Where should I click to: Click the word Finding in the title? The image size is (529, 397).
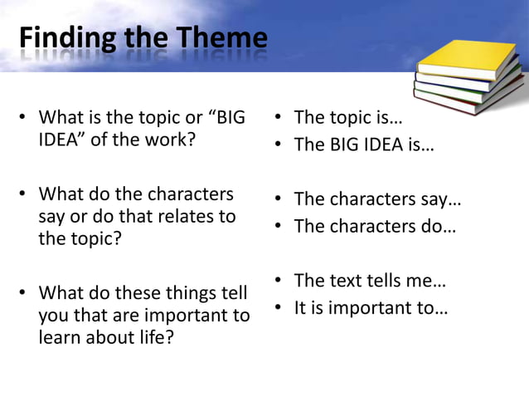(57, 39)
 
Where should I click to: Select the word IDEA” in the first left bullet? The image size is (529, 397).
(62, 140)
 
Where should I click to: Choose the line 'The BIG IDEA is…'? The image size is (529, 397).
(364, 145)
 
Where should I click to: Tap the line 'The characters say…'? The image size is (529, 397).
(377, 199)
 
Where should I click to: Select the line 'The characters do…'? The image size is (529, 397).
(375, 226)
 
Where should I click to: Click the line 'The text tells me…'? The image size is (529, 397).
(370, 281)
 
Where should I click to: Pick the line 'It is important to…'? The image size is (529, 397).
(371, 308)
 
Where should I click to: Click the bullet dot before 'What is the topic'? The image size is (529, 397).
(25, 118)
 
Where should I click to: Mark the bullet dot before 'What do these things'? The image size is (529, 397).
(25, 294)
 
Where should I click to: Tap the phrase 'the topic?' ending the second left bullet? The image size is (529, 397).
(78, 239)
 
